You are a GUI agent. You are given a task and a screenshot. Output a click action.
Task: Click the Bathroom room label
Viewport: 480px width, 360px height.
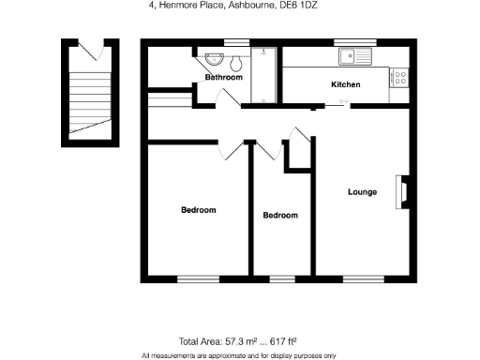[x=224, y=78]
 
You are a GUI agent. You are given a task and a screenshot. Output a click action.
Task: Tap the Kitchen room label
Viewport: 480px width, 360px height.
[x=345, y=85]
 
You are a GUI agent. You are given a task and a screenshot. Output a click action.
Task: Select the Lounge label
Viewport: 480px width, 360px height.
[x=362, y=192]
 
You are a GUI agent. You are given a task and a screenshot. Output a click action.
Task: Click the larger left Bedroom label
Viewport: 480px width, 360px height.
[x=198, y=210]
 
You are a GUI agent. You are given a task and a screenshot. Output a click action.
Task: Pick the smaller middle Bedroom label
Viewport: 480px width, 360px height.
[x=279, y=216]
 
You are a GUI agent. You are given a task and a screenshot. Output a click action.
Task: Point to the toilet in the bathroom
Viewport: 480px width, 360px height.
[x=236, y=63]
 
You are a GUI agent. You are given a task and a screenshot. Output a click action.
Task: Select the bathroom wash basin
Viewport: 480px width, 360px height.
[x=208, y=58]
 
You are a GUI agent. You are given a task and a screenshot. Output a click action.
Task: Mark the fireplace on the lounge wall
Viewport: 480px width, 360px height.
[x=404, y=190]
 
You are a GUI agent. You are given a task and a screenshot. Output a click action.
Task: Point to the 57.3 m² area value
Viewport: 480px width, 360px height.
[x=234, y=341]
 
